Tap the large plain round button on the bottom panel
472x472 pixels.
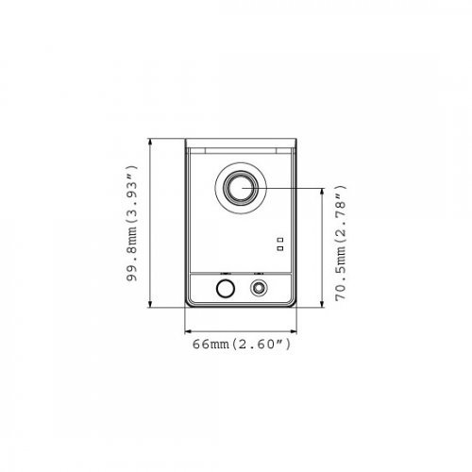tap(224, 289)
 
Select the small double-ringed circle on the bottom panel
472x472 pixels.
tap(258, 289)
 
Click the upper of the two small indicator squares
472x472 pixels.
tap(279, 239)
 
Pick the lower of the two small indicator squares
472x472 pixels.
tap(279, 248)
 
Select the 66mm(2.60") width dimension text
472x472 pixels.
tap(242, 346)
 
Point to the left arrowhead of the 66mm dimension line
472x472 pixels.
tap(188, 331)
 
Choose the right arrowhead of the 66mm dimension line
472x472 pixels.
tap(295, 331)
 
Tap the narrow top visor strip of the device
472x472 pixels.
tap(242, 146)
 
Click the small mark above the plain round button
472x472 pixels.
tap(224, 273)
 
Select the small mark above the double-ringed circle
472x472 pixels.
tap(258, 273)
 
